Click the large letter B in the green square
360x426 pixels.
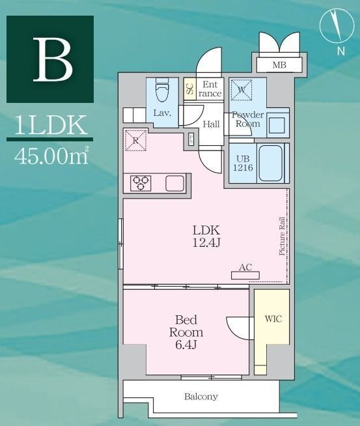(x=53, y=59)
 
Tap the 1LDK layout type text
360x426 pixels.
(x=51, y=125)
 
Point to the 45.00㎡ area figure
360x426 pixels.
(x=51, y=156)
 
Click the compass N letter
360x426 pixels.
(x=341, y=51)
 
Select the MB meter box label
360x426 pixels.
(x=279, y=65)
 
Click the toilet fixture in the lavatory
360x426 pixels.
(x=162, y=89)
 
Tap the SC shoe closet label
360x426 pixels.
(x=190, y=89)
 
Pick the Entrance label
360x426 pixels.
(x=210, y=89)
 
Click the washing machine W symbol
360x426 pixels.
(x=242, y=90)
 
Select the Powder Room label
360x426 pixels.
(x=247, y=119)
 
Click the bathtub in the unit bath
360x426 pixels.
(x=270, y=163)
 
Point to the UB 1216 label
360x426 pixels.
(x=243, y=163)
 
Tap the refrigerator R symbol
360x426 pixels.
(x=135, y=140)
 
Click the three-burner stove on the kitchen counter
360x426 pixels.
(x=141, y=183)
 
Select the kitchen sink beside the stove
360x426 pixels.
(x=175, y=184)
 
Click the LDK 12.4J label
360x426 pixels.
(x=206, y=236)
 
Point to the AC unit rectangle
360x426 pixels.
(x=245, y=276)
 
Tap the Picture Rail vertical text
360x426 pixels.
(x=282, y=236)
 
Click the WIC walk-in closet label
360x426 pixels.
(x=273, y=319)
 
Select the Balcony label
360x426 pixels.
(x=201, y=397)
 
